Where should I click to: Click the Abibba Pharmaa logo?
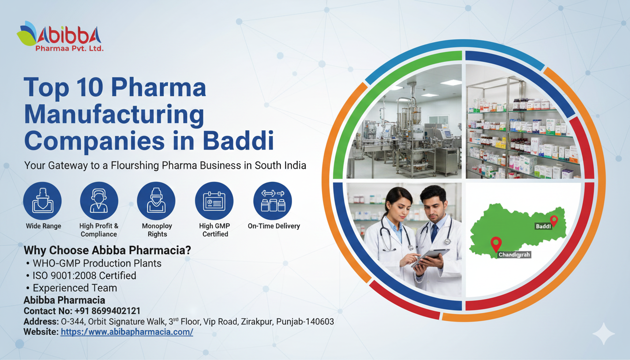pyautogui.click(x=60, y=36)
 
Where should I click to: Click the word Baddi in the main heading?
pyautogui.click(x=238, y=140)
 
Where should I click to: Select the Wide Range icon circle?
pyautogui.click(x=43, y=201)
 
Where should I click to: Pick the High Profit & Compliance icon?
pyautogui.click(x=99, y=201)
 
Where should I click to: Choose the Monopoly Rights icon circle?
pyautogui.click(x=156, y=201)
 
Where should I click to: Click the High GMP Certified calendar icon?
pyautogui.click(x=214, y=201)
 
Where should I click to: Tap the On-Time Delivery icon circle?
pyautogui.click(x=272, y=201)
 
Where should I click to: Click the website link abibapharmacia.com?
pyautogui.click(x=127, y=332)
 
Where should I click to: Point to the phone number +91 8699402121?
pyautogui.click(x=107, y=311)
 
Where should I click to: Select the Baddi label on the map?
pyautogui.click(x=543, y=226)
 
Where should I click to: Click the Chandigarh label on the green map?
pyautogui.click(x=514, y=255)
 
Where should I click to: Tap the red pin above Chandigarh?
pyautogui.click(x=496, y=244)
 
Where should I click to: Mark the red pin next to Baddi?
pyautogui.click(x=554, y=221)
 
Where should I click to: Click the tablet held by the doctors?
pyautogui.click(x=430, y=257)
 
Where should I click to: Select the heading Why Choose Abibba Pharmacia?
pyautogui.click(x=107, y=250)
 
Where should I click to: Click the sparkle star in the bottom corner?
pyautogui.click(x=604, y=334)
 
